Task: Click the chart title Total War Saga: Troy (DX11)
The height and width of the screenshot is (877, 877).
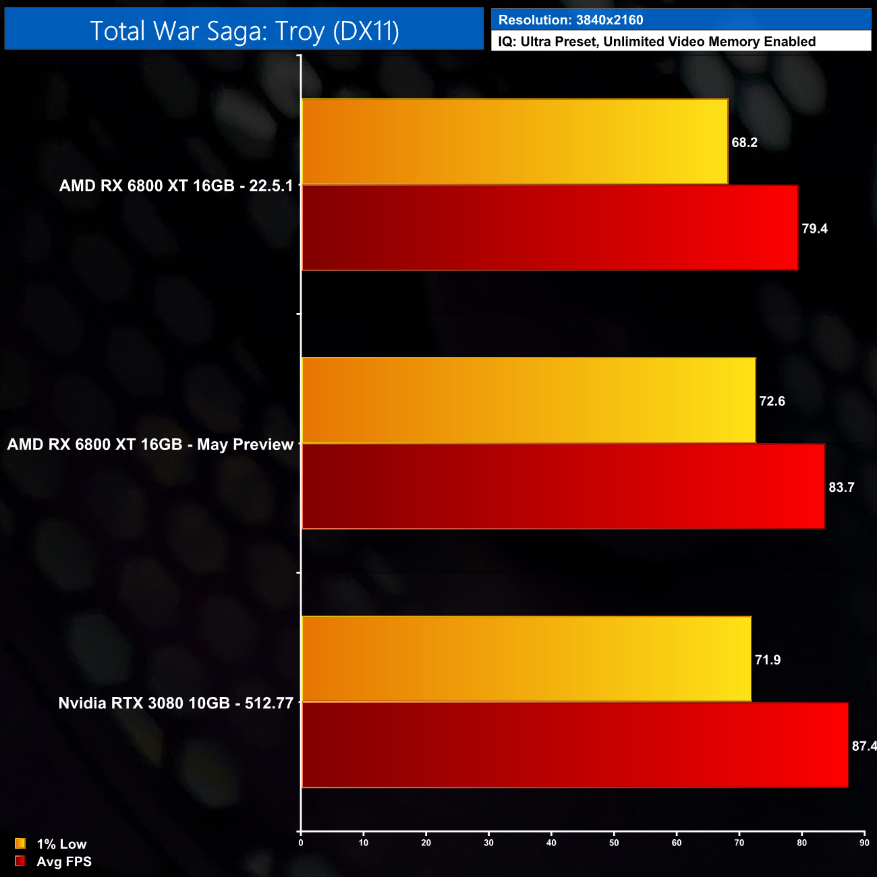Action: [244, 30]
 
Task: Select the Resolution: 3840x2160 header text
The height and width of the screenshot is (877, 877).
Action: [571, 20]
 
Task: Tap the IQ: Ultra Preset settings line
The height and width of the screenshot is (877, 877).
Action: [656, 42]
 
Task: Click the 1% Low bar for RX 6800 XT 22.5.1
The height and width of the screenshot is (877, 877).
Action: [515, 142]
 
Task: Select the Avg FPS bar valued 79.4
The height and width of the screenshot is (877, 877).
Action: [550, 228]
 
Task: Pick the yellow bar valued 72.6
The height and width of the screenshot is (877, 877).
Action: [528, 401]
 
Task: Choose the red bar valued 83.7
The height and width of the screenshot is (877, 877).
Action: [563, 486]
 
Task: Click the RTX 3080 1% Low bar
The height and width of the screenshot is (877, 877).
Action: [526, 659]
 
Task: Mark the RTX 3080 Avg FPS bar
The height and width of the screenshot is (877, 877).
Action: [575, 745]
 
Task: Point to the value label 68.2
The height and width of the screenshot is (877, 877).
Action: [744, 142]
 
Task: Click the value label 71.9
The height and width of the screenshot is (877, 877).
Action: [767, 660]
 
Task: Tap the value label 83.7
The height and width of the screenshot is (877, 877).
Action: [841, 487]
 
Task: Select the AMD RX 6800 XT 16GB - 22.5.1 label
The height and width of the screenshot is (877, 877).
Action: [176, 186]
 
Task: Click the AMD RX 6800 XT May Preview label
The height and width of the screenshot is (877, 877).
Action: [150, 445]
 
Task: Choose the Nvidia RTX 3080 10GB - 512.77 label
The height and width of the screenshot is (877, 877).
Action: [176, 703]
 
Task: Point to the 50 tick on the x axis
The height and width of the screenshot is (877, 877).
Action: [614, 843]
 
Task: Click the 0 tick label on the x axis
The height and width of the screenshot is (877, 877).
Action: [301, 843]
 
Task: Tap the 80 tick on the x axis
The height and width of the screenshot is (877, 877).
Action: [801, 843]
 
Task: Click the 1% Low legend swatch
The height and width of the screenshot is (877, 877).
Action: [20, 843]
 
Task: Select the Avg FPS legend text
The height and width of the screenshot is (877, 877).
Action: [64, 861]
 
